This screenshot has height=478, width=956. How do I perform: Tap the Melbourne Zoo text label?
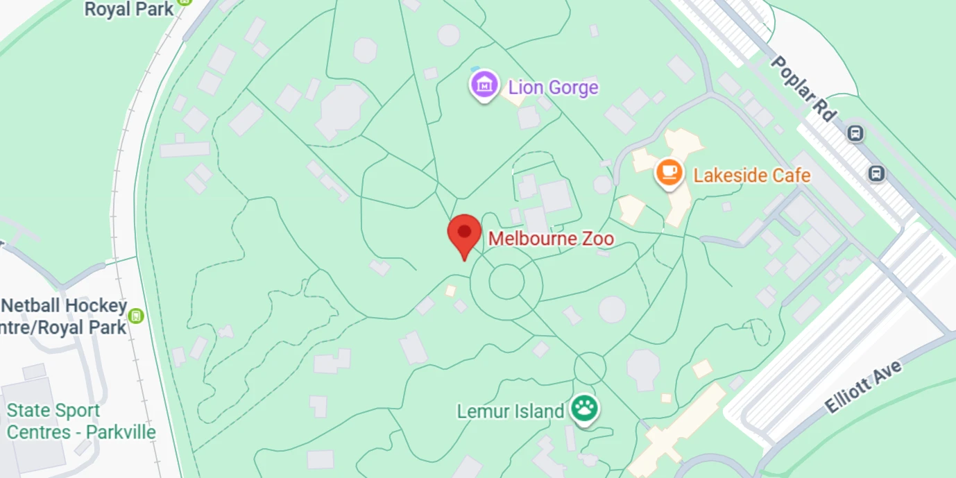(x=551, y=239)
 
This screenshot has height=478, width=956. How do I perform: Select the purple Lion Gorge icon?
(x=484, y=85)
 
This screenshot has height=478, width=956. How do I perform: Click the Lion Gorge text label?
(x=553, y=87)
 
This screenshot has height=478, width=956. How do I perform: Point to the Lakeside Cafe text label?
(x=752, y=175)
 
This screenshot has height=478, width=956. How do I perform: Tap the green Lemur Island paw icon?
(x=584, y=409)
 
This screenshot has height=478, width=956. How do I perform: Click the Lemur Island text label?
(x=510, y=411)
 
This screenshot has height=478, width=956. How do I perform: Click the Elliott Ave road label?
(x=863, y=386)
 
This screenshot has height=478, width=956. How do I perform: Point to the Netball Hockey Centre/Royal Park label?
(x=64, y=316)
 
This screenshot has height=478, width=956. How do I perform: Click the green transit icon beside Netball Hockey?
(x=137, y=316)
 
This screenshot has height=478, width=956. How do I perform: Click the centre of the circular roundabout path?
(x=506, y=282)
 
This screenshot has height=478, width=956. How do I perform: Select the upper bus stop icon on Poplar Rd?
(x=855, y=133)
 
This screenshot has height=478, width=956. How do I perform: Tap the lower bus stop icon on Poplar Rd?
(x=877, y=173)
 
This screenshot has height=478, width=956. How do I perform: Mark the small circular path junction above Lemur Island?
(x=590, y=368)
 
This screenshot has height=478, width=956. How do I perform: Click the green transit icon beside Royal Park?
(x=184, y=2)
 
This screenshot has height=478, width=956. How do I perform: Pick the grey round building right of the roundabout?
(x=612, y=309)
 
